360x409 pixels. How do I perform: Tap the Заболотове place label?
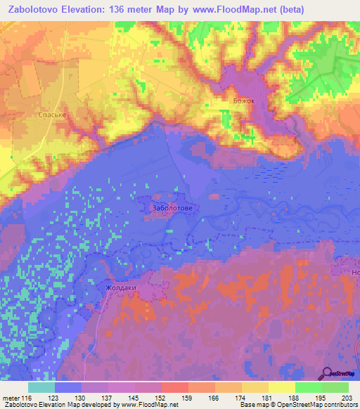[172, 208]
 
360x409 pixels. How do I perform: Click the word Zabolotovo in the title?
[37, 9]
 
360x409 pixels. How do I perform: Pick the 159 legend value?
[188, 398]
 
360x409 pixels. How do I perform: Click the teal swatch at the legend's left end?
[41, 387]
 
